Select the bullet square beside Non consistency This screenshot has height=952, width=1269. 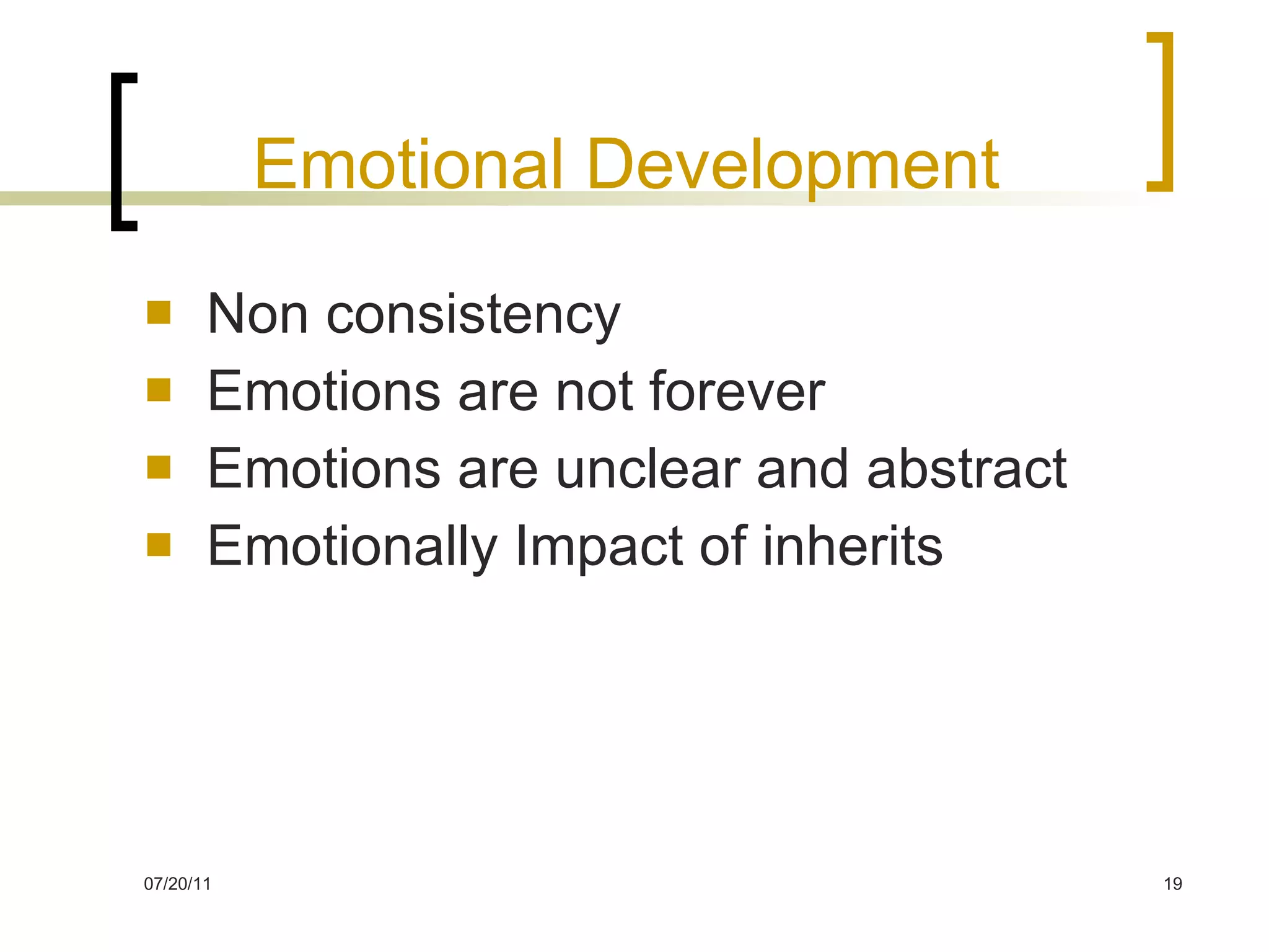tap(159, 312)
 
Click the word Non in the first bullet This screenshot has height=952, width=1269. tap(257, 314)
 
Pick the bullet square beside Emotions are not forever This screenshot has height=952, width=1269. tap(159, 390)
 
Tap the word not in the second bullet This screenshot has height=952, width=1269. tap(594, 392)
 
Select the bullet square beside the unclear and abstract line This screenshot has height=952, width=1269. tap(159, 467)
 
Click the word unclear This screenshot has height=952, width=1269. tap(648, 469)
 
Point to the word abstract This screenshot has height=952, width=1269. tap(967, 469)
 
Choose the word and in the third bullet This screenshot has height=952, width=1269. tap(803, 469)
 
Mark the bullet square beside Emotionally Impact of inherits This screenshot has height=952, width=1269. tap(159, 545)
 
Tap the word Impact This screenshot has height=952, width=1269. tap(599, 547)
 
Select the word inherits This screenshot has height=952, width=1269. tap(852, 546)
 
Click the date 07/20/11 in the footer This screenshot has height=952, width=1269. tap(177, 884)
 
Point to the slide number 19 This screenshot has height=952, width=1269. tap(1172, 884)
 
